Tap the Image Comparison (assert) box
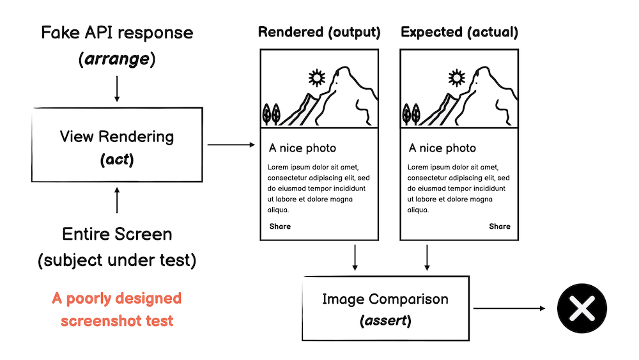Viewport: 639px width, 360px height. (x=385, y=308)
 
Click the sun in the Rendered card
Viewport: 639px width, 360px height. (x=316, y=78)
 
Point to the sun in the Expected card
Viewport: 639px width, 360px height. (x=456, y=78)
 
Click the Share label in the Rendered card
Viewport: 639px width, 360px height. (x=280, y=226)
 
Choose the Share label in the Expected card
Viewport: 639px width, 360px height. (x=500, y=226)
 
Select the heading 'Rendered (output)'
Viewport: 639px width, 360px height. (x=319, y=32)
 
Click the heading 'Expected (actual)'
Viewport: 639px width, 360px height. (x=459, y=32)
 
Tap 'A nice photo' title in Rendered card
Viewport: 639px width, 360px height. (x=302, y=148)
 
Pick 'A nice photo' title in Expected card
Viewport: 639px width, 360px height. (x=442, y=148)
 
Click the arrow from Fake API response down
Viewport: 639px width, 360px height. (x=116, y=88)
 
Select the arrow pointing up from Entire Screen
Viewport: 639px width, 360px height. (x=116, y=200)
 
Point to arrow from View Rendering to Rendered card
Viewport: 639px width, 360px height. (x=231, y=145)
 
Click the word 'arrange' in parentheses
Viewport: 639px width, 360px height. (x=117, y=60)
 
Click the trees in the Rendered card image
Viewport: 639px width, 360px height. (x=271, y=114)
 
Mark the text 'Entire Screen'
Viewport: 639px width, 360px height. (x=117, y=234)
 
